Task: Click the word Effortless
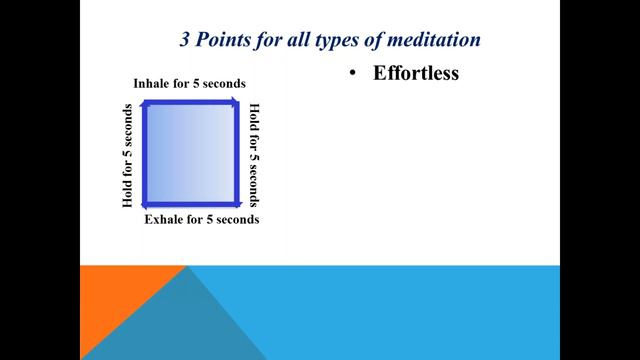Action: coord(416,73)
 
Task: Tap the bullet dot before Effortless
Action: coord(353,73)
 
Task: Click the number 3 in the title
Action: coord(184,40)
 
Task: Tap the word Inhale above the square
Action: coord(153,83)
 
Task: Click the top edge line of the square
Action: coord(191,101)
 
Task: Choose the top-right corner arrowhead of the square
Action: coord(236,102)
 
